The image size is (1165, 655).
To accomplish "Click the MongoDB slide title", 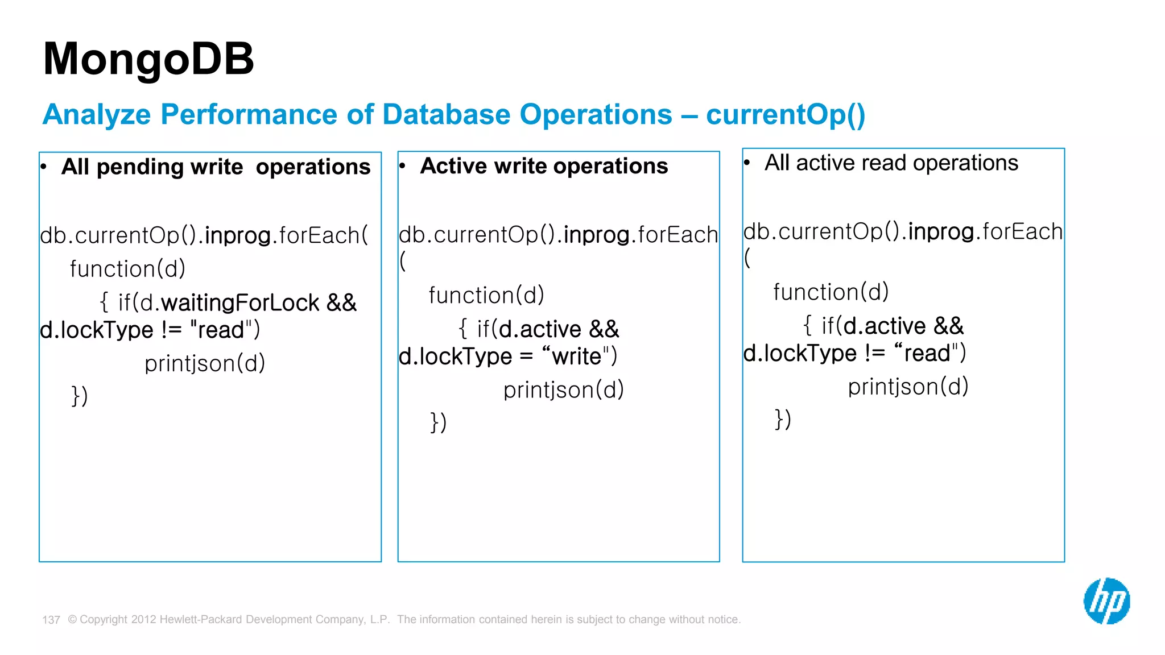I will point(148,59).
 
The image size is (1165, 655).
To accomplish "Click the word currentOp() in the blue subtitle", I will point(786,115).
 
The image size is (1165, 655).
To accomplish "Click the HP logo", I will point(1106,601).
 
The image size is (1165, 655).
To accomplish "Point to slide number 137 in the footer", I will point(51,620).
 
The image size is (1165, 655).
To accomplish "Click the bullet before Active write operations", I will point(402,166).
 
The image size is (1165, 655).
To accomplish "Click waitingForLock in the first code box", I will point(240,303).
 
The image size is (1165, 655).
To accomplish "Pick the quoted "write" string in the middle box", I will point(576,356).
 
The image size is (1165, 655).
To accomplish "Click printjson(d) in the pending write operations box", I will point(205,363).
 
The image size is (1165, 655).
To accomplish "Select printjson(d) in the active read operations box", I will point(908,387).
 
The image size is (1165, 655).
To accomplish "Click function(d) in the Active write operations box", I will point(486,296).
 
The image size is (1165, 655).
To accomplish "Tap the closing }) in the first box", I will point(80,396).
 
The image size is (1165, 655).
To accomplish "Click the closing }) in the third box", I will point(783,419).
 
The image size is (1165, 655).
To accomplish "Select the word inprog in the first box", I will point(237,235).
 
